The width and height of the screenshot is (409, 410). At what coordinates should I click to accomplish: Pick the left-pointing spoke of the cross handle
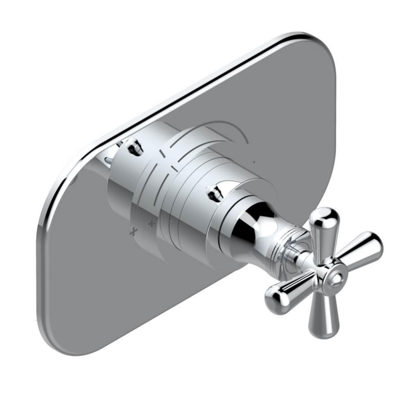pyautogui.click(x=287, y=289)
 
